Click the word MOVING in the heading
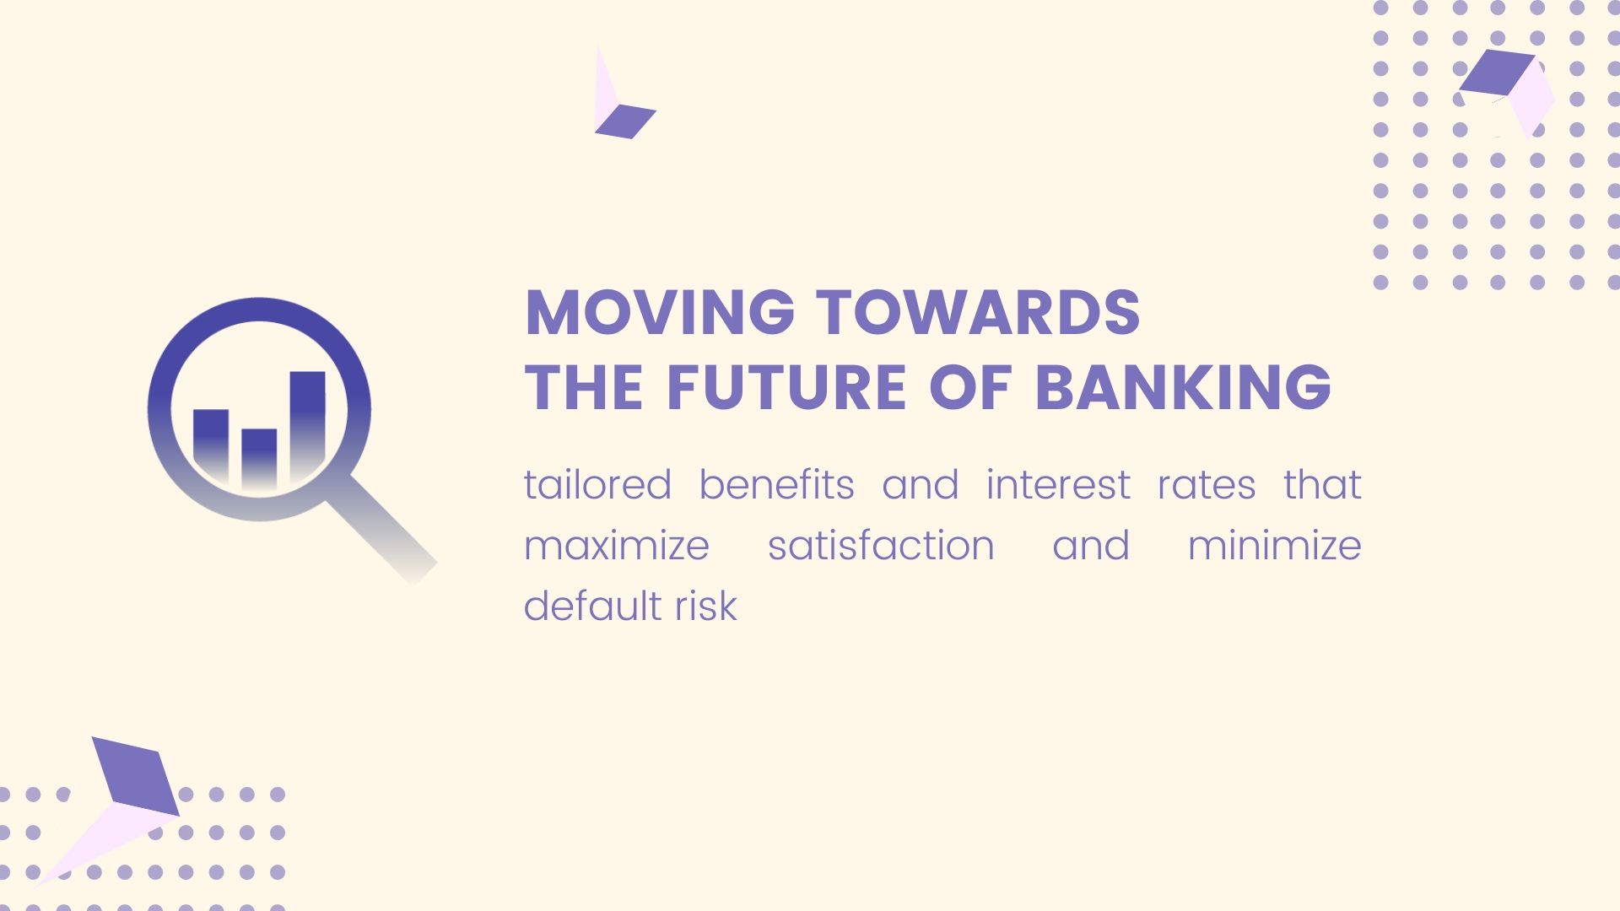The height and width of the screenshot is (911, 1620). pyautogui.click(x=660, y=313)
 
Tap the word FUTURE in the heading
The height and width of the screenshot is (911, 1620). pyautogui.click(x=786, y=388)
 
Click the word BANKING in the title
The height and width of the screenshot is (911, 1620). pyautogui.click(x=1183, y=388)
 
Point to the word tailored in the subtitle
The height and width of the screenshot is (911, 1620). pyautogui.click(x=597, y=485)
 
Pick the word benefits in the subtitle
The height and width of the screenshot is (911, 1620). pyautogui.click(x=776, y=485)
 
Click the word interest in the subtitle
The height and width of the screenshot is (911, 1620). pyautogui.click(x=1058, y=485)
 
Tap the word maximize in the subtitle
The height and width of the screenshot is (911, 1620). pyautogui.click(x=617, y=546)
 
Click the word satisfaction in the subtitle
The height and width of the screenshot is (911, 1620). pyautogui.click(x=881, y=546)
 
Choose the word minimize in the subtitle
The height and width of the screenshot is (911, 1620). pyautogui.click(x=1275, y=546)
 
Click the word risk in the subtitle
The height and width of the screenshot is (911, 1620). pyautogui.click(x=706, y=606)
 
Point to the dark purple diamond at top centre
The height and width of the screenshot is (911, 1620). pyautogui.click(x=625, y=121)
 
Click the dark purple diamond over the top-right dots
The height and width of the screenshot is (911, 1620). pyautogui.click(x=1498, y=72)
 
